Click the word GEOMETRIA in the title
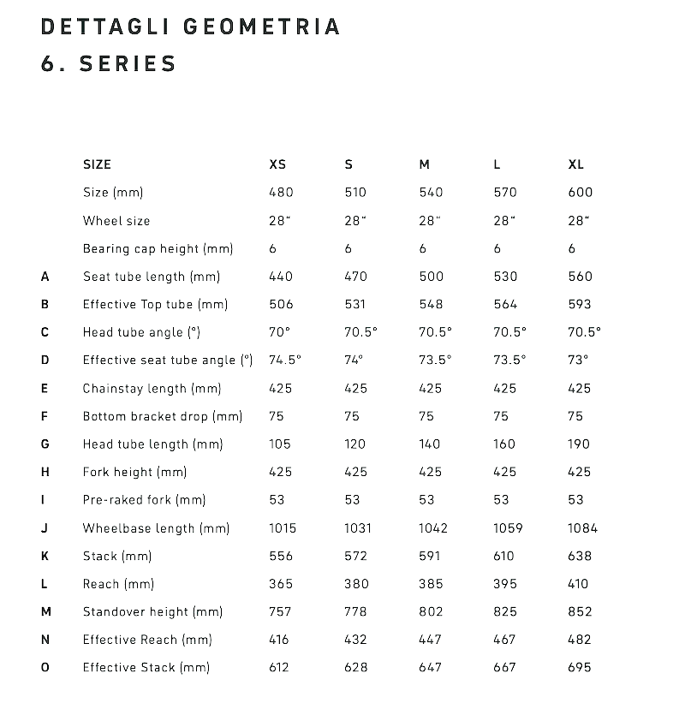point(262,27)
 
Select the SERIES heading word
point(128,63)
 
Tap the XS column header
point(277,164)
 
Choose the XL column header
point(575,164)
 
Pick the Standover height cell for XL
point(580,611)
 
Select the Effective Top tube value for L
point(505,304)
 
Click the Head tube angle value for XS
point(280,331)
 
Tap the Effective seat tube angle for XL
point(579,360)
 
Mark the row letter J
point(45,528)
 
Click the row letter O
point(45,667)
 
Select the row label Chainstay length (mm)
point(152,388)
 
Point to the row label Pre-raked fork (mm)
point(144,500)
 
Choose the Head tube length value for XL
point(579,444)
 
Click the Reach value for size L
point(505,584)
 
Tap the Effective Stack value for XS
point(280,667)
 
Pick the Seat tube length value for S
point(355,276)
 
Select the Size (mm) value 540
point(431,193)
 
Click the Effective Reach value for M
point(431,640)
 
